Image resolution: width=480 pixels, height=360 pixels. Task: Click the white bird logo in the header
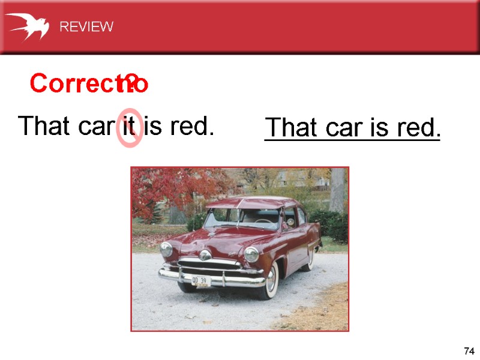point(27,26)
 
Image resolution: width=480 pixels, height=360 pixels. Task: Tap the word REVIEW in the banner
point(86,27)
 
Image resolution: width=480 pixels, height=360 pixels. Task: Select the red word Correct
point(72,85)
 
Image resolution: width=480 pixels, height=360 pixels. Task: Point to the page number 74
point(469,351)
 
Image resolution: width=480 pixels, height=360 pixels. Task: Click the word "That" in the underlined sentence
point(292,128)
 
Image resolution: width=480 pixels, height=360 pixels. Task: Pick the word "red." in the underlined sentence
point(419,128)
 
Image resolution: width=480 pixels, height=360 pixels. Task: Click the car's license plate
point(200,281)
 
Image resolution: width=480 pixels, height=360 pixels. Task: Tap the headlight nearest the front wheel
point(251,254)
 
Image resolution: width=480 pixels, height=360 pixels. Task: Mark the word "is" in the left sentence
point(152,127)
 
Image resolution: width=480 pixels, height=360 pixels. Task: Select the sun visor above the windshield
point(246,203)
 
